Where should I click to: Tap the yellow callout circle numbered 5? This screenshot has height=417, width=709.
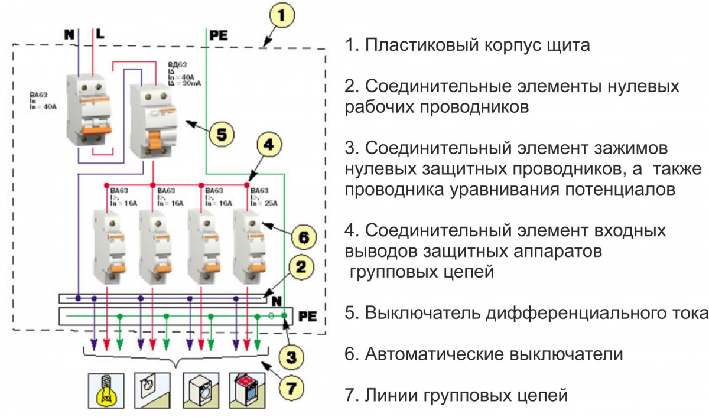tap(220, 134)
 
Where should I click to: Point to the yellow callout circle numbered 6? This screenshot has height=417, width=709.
tap(301, 237)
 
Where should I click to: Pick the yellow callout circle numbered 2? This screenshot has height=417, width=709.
tap(301, 268)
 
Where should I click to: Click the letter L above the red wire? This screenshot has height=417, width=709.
tap(100, 34)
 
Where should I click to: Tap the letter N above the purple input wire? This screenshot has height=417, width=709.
tap(70, 34)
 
